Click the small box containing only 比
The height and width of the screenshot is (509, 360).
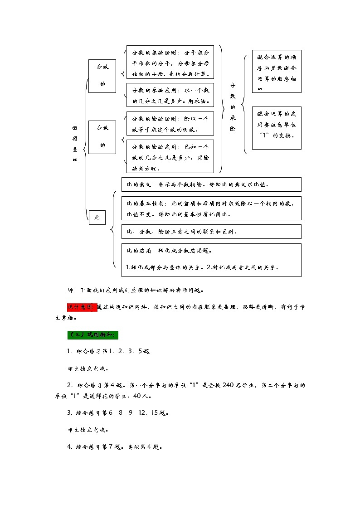coord(97,218)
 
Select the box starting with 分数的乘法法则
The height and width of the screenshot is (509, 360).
coord(170,63)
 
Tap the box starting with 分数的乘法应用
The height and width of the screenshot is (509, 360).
coord(170,95)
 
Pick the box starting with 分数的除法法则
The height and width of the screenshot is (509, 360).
coord(170,124)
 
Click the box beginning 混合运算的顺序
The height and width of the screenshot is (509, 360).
coord(277,72)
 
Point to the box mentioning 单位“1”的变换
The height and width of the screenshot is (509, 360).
coord(277,128)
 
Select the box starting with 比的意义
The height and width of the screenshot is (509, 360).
coord(211,184)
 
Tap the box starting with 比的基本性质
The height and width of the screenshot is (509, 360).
coord(211,208)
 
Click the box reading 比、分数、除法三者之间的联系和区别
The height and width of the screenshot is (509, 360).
coord(211,231)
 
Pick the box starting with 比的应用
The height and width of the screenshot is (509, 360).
coord(211,260)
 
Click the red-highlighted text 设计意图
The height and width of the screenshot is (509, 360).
coord(82,307)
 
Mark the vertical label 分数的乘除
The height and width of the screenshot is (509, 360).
coord(233,107)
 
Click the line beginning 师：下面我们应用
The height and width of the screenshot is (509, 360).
coord(136,290)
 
